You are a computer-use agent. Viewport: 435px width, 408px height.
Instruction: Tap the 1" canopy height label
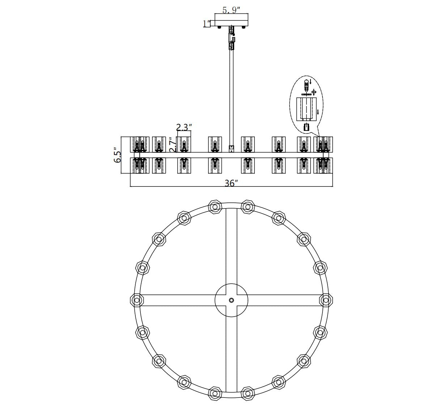tap(207, 24)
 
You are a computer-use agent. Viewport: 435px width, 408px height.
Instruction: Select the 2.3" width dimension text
tap(184, 127)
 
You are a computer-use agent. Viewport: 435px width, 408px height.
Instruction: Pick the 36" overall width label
tap(231, 183)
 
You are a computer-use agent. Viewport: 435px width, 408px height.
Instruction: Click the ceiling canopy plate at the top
tap(232, 19)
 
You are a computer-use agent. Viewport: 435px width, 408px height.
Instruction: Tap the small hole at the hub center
tap(231, 300)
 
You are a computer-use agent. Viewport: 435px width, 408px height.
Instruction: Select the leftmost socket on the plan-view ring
tap(137, 300)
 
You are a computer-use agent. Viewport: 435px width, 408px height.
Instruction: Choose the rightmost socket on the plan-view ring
tap(326, 300)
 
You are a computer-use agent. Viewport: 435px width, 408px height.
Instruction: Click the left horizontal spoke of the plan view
tap(177, 300)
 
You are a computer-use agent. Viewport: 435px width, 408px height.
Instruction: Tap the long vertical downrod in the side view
tap(231, 98)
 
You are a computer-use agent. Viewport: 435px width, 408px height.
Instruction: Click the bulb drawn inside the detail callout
tap(306, 86)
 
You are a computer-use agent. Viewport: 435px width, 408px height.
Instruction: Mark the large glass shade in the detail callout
tap(306, 109)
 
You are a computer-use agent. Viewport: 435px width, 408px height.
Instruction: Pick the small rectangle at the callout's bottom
tap(306, 127)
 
